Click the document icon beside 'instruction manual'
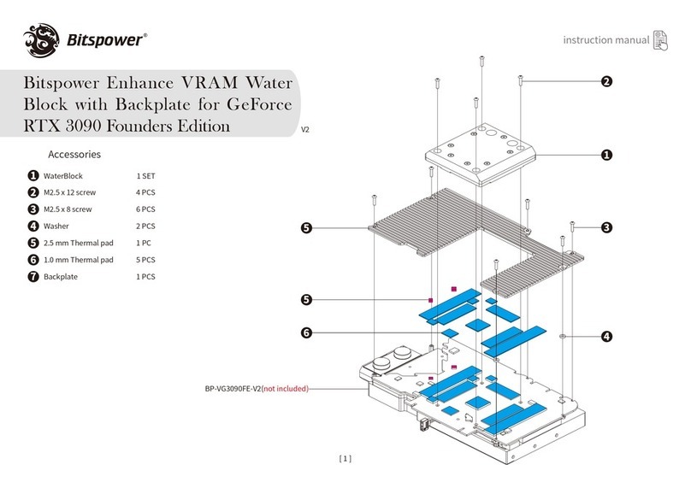[663, 40]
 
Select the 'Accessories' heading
[74, 155]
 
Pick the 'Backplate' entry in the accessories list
[61, 277]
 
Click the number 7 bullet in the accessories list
[32, 277]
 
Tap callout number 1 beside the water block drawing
[606, 155]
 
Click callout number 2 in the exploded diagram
[606, 82]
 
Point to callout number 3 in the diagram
[606, 227]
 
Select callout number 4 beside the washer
[606, 336]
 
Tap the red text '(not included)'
[284, 389]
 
